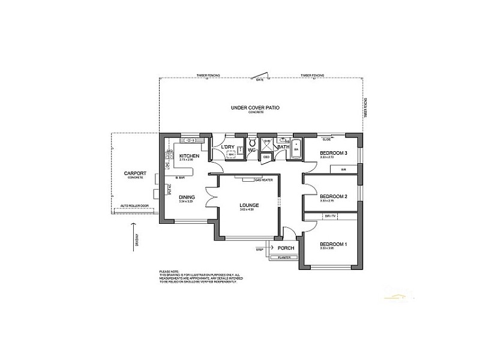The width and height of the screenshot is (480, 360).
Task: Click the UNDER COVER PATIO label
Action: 256,108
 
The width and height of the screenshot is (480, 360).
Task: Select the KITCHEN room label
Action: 188,156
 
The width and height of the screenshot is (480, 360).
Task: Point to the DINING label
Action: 187,197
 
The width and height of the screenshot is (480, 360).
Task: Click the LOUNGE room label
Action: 248,205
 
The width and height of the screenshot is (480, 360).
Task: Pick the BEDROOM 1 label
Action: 333,244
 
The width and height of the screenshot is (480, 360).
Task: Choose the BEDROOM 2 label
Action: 333,196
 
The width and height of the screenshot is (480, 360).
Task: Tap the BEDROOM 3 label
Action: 333,154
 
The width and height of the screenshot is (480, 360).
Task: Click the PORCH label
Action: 285,248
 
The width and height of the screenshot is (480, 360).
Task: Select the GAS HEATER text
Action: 264,179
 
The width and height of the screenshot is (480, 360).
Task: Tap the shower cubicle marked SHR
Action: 268,143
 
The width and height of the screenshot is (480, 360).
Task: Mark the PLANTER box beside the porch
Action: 284,258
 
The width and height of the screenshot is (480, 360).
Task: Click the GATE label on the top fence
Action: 260,79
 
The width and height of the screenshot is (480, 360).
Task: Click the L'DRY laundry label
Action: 227,147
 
